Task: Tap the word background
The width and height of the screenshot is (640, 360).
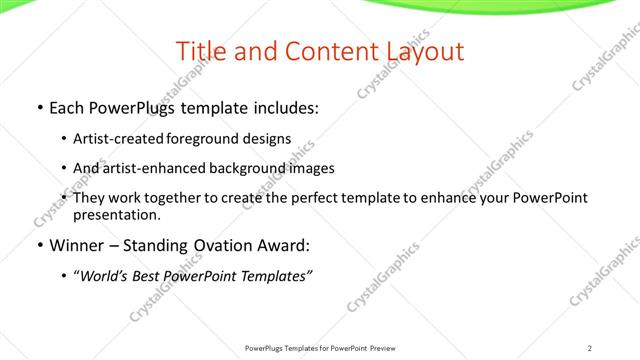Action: click(x=245, y=168)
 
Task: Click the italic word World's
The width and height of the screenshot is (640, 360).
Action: click(x=105, y=275)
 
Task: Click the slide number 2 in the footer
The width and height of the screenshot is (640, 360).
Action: click(x=590, y=348)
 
